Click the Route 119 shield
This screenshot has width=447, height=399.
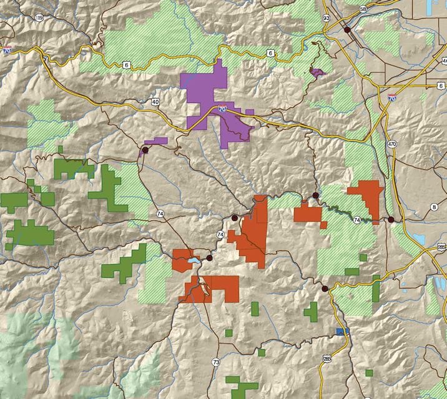[39, 18]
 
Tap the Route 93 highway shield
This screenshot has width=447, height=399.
[326, 19]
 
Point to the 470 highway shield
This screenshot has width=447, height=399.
[392, 144]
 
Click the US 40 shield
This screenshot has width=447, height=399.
[155, 102]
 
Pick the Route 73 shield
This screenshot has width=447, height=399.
[216, 362]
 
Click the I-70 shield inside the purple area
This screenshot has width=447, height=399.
[222, 109]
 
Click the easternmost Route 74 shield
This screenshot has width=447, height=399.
[356, 220]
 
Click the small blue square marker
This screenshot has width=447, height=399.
[340, 332]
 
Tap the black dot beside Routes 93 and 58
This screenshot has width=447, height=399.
[346, 29]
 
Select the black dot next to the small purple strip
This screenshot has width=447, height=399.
[145, 150]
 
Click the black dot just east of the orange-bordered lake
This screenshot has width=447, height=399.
[210, 257]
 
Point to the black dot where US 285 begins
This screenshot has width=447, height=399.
[325, 288]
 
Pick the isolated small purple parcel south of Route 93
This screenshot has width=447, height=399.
[318, 72]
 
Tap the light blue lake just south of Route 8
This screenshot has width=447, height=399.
[418, 239]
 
